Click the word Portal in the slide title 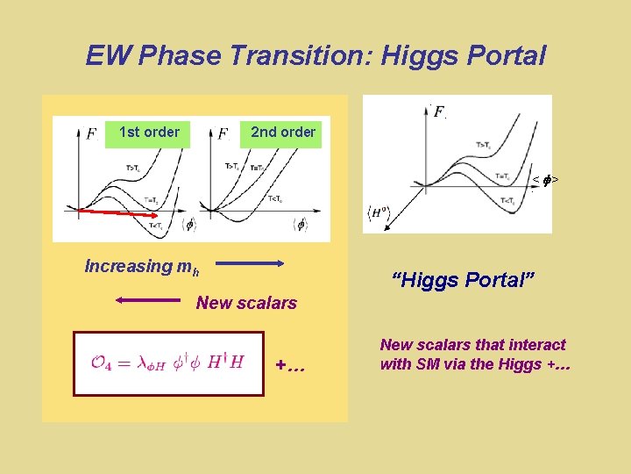coord(503,56)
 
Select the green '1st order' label coord(149,133)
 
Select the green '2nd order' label coord(282,133)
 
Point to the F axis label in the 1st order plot coord(92,134)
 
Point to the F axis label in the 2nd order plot coord(223,134)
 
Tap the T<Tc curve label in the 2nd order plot coord(275,197)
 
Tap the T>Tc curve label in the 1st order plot coord(133,168)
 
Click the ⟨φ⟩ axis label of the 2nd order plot coord(300,225)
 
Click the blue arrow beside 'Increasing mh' coord(249,262)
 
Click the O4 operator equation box coord(168,363)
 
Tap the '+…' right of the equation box coord(290,364)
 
